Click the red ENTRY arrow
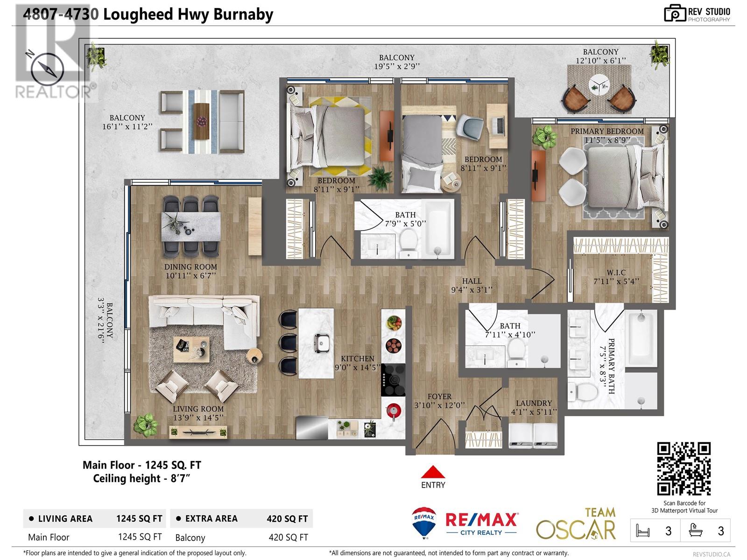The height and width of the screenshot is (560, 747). (433, 471)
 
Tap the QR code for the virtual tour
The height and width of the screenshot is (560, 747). (684, 469)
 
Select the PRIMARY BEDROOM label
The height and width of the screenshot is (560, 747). (607, 132)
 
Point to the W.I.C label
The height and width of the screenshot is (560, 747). (616, 273)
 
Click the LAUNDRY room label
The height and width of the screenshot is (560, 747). (534, 403)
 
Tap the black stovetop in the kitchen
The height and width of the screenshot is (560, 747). (393, 380)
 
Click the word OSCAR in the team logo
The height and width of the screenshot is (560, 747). (576, 529)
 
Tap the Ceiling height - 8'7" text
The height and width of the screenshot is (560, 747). (141, 478)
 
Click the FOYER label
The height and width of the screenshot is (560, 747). (439, 397)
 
